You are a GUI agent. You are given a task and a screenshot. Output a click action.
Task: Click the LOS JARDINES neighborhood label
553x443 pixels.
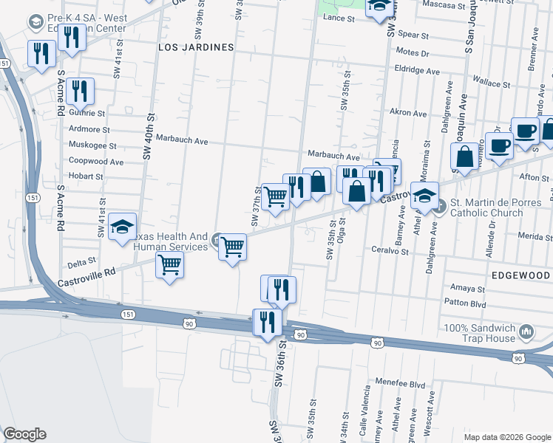point(196,47)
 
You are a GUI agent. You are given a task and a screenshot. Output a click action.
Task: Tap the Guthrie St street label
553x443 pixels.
point(86,113)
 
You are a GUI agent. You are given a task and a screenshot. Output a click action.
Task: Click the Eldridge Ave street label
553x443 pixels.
point(417,71)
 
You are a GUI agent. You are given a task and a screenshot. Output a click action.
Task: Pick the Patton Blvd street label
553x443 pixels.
point(465,303)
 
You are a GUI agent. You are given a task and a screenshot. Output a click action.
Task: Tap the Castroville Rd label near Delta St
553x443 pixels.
point(88,272)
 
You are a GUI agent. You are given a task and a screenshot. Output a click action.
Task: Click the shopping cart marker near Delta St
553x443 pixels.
point(170,264)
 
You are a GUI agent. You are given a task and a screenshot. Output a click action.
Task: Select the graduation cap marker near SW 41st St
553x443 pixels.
point(122,227)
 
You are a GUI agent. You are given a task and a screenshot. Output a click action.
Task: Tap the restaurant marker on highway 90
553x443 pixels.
point(268,322)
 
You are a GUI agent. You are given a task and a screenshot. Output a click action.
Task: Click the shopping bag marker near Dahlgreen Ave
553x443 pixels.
point(465,157)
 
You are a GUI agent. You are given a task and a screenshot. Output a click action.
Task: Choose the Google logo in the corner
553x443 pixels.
point(24,434)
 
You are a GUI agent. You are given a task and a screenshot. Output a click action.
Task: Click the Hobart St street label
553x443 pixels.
point(86,176)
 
